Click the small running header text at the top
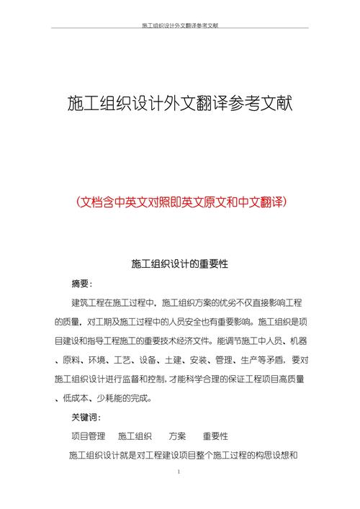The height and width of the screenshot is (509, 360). (180, 25)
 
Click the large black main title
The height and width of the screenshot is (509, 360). (180, 105)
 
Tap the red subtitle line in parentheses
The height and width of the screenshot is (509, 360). (180, 202)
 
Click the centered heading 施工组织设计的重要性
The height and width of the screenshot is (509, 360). (180, 263)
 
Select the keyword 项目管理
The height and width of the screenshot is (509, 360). (88, 436)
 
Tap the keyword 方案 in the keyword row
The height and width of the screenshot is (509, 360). (177, 436)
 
